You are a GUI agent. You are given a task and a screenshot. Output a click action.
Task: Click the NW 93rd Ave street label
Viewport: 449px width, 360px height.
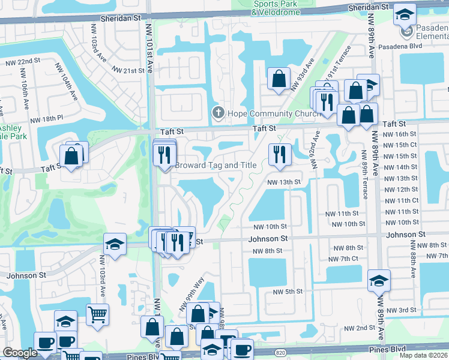(x=301, y=75)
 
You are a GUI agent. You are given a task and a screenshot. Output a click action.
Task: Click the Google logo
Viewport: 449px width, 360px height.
(x=20, y=353)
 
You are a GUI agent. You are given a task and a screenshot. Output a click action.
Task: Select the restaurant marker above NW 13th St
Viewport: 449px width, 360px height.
(x=279, y=154)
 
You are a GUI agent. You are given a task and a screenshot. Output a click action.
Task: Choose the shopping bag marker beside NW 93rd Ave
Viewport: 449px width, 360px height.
(x=279, y=79)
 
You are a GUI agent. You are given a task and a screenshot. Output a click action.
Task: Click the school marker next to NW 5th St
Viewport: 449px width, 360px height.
(x=378, y=280)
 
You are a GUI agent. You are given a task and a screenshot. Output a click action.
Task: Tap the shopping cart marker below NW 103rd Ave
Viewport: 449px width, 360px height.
(x=97, y=313)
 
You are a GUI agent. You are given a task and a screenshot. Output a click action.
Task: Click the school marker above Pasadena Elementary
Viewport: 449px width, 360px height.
(x=405, y=14)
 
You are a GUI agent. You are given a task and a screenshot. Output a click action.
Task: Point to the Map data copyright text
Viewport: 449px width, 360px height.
(x=424, y=355)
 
